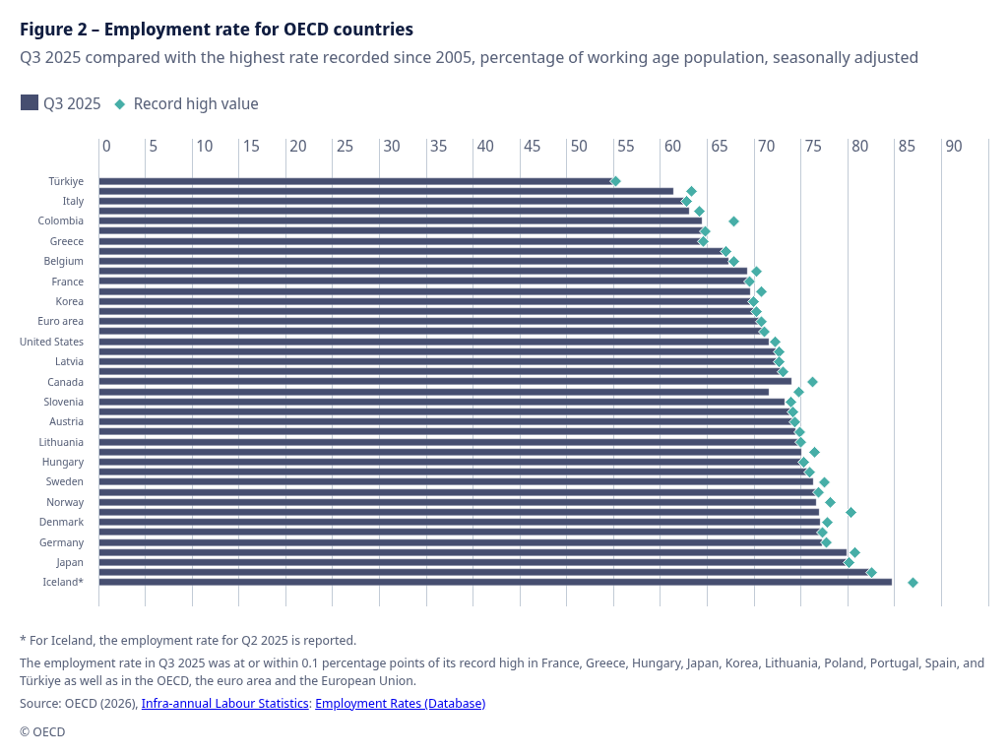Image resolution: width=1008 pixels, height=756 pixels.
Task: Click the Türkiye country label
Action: (x=66, y=181)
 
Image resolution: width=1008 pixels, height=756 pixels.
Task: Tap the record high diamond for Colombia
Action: (x=733, y=221)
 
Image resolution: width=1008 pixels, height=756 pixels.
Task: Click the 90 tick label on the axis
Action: (x=953, y=146)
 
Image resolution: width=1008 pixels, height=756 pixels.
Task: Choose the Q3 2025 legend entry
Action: (x=61, y=103)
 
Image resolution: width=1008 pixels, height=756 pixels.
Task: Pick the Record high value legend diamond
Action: (x=120, y=103)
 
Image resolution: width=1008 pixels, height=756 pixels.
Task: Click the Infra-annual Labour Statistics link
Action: (x=224, y=703)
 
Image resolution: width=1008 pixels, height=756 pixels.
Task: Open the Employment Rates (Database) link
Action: (x=400, y=703)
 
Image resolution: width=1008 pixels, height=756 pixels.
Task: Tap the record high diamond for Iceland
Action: (x=913, y=583)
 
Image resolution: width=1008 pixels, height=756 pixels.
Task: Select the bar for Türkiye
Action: (x=354, y=181)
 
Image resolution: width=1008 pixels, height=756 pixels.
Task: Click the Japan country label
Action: (x=70, y=562)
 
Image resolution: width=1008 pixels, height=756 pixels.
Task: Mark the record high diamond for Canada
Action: (x=812, y=382)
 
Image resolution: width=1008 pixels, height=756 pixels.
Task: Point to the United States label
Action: (x=51, y=342)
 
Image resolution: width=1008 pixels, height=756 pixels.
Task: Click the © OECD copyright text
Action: (x=42, y=731)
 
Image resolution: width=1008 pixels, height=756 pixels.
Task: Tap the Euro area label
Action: (x=60, y=321)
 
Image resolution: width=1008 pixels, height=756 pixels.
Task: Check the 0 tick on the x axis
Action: (x=106, y=146)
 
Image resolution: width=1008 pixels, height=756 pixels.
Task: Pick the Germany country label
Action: (x=61, y=542)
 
